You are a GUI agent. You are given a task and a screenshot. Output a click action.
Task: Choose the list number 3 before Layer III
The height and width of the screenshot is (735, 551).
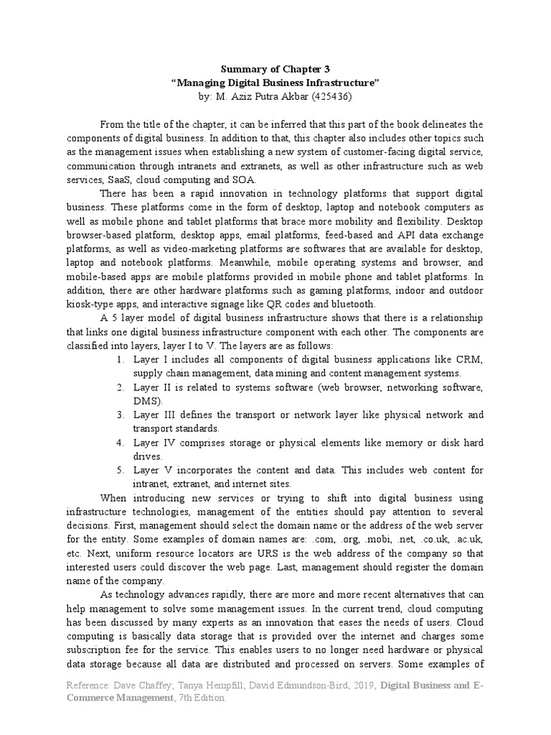120,415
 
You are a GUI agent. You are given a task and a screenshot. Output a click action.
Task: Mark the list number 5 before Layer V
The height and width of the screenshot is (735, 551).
120,469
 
